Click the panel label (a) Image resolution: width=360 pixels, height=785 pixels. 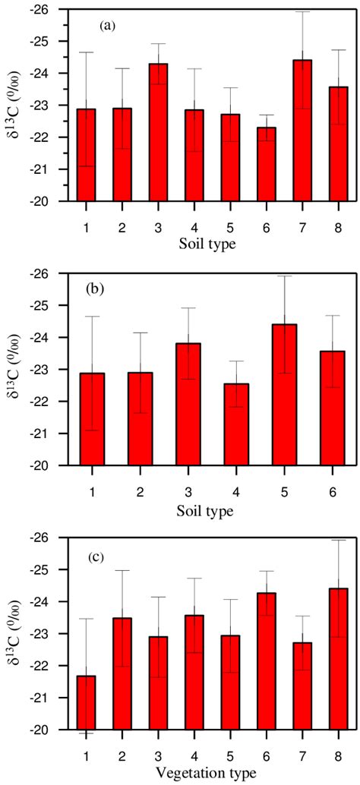coord(107,25)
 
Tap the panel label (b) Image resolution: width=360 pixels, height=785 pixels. coord(107,289)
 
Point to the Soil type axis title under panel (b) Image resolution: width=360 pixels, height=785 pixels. coord(212,511)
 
